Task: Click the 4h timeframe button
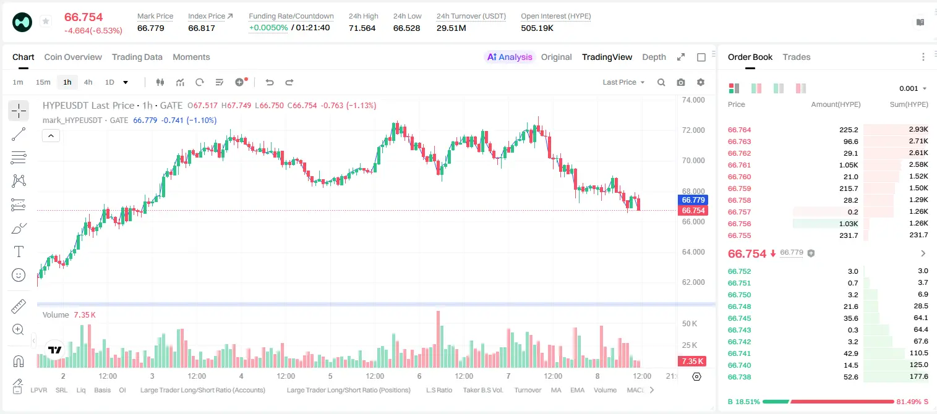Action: [x=88, y=82]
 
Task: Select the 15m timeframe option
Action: [x=43, y=82]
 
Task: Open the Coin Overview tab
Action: [x=73, y=57]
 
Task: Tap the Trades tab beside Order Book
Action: [x=796, y=57]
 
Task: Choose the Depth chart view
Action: [x=654, y=57]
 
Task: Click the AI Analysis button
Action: [x=510, y=57]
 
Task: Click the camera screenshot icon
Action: [x=680, y=82]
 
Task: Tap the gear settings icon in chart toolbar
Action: [x=701, y=82]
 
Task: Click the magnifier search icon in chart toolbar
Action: [x=661, y=82]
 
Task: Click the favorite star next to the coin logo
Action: [x=46, y=21]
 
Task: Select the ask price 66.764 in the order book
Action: [x=739, y=130]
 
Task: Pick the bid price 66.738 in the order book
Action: [x=739, y=377]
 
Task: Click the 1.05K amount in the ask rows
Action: [x=849, y=165]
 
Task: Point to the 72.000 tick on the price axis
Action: [x=693, y=130]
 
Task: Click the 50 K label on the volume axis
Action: [x=690, y=324]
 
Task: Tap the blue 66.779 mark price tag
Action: [x=693, y=200]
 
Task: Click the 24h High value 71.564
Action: [x=362, y=28]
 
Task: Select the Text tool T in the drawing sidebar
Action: [x=19, y=251]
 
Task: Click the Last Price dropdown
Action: [x=623, y=82]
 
